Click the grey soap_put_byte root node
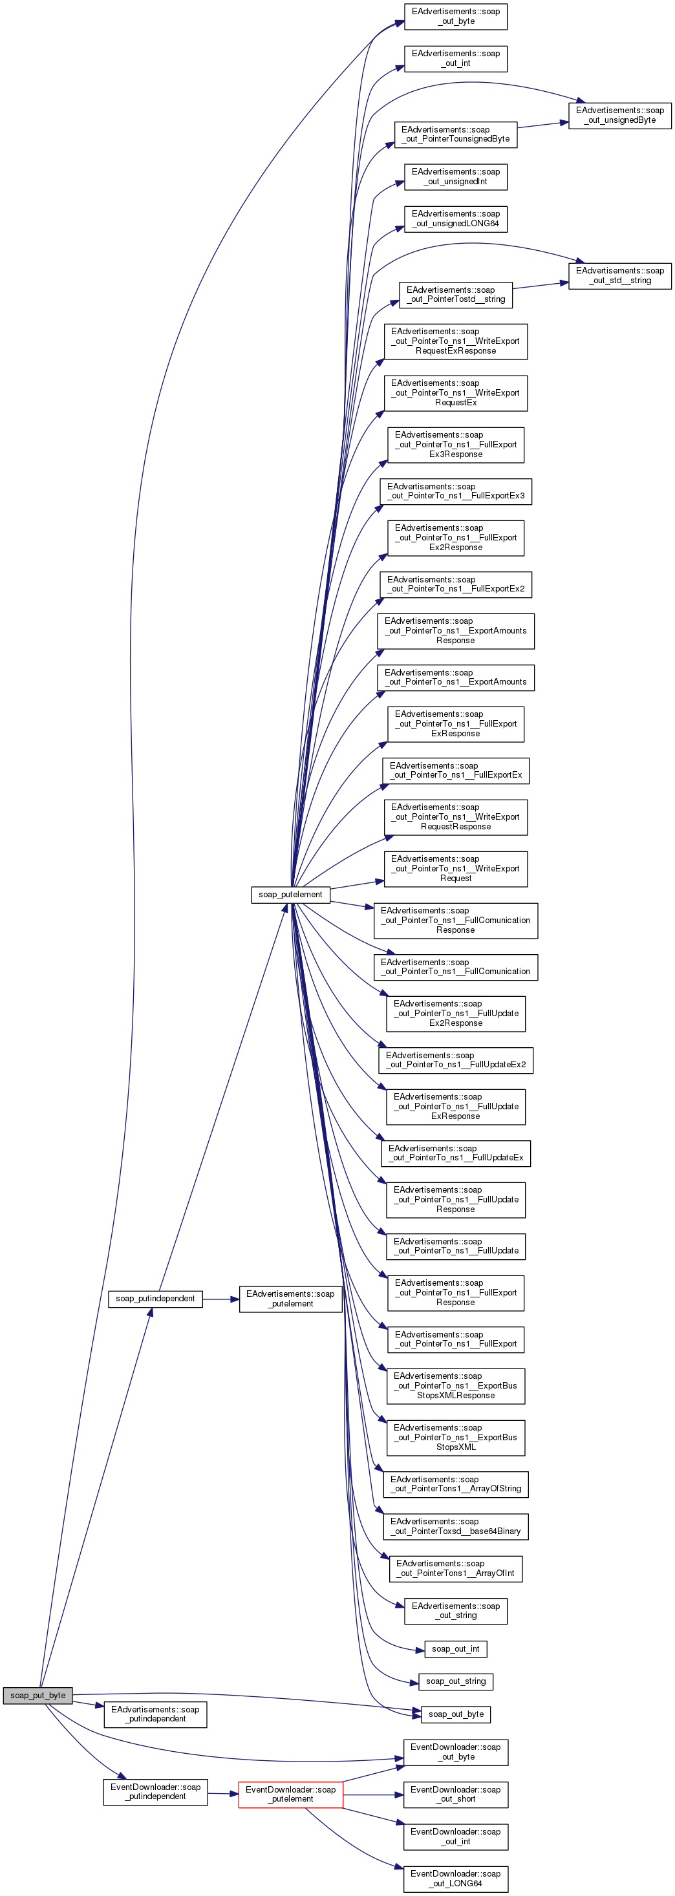coord(37,1695)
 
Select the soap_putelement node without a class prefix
coord(290,894)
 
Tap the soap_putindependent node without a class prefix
coord(155,1298)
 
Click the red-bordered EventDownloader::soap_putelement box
coord(290,1794)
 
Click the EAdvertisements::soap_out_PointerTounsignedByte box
coord(455,134)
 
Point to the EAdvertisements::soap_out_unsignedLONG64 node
coord(455,218)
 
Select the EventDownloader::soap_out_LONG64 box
coord(455,1879)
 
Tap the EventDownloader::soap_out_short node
coord(455,1794)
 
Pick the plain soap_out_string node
coord(455,1681)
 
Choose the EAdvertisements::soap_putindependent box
coord(155,1714)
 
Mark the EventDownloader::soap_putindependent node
coord(155,1791)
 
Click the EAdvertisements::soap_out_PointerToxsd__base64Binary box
coord(455,1526)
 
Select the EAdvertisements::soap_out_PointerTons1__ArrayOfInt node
coord(455,1568)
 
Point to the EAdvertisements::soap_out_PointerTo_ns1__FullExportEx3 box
coord(455,491)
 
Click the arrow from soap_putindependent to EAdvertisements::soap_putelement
coord(221,1299)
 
